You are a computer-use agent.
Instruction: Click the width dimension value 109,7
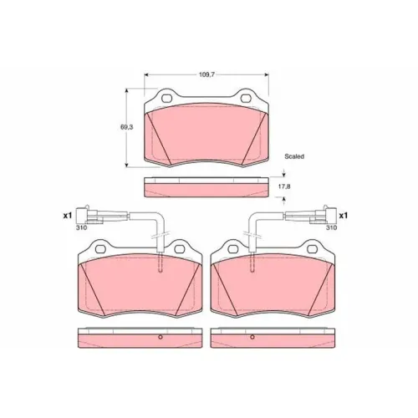(x=206, y=74)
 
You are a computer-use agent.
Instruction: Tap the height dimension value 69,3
(x=127, y=127)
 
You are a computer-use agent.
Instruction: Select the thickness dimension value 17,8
(x=284, y=186)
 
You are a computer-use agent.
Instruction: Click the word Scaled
(x=294, y=156)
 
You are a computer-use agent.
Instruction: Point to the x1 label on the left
(x=68, y=216)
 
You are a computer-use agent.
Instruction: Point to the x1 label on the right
(x=344, y=216)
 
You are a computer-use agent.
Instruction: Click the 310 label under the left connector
(x=81, y=227)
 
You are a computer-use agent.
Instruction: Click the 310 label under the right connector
(x=331, y=227)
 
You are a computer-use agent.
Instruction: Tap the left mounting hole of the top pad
(x=167, y=98)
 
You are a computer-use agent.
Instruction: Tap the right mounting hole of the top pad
(x=246, y=98)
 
